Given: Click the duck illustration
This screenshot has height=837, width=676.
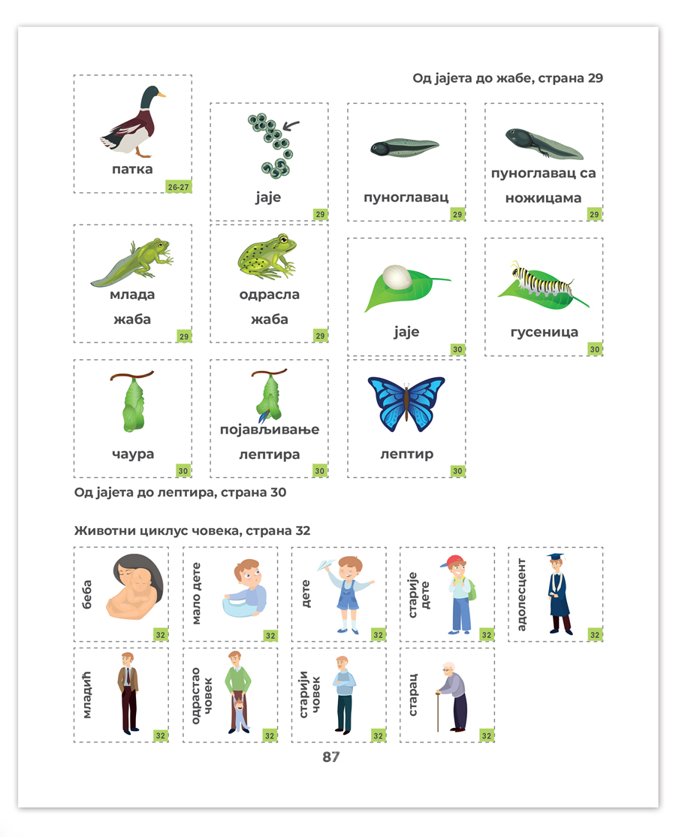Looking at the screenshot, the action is [x=134, y=122].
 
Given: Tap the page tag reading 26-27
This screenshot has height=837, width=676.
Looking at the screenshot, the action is [x=178, y=187].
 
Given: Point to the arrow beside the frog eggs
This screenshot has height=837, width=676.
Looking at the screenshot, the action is [x=291, y=125].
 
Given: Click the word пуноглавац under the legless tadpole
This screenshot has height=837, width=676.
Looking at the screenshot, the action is [x=406, y=198].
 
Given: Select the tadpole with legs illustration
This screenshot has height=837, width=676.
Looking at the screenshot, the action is [x=545, y=143].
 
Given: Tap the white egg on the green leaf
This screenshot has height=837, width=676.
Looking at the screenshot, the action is [x=397, y=277].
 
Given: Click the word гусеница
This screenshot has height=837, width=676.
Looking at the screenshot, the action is [x=545, y=332].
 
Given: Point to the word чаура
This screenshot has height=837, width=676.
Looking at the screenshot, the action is [x=133, y=454].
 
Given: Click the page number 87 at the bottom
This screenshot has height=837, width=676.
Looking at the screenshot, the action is [x=330, y=757].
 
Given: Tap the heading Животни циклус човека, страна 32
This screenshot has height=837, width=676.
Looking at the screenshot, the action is [x=192, y=530].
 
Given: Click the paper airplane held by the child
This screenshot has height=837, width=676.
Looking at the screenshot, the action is [x=327, y=564].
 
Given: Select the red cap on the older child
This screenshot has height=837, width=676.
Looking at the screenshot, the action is [x=453, y=561].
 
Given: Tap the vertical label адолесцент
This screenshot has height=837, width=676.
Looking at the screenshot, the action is [x=521, y=594].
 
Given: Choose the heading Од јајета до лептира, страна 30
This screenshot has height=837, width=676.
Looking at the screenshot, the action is [x=180, y=492].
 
